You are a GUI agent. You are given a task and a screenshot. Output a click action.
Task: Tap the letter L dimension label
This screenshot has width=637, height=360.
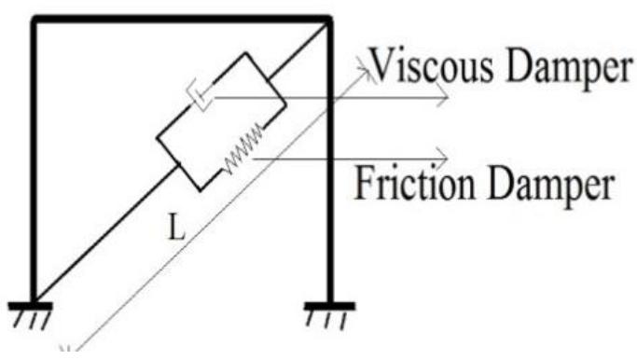pyautogui.click(x=174, y=228)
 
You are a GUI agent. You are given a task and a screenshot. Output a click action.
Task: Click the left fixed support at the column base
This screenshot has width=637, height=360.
pyautogui.click(x=32, y=305)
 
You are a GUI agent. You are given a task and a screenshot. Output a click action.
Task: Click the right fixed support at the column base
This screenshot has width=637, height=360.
pyautogui.click(x=329, y=304)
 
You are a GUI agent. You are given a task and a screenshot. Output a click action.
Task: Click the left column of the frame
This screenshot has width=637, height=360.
pyautogui.click(x=34, y=159)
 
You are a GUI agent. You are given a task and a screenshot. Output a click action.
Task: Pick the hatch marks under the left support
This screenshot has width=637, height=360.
pyautogui.click(x=32, y=320)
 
